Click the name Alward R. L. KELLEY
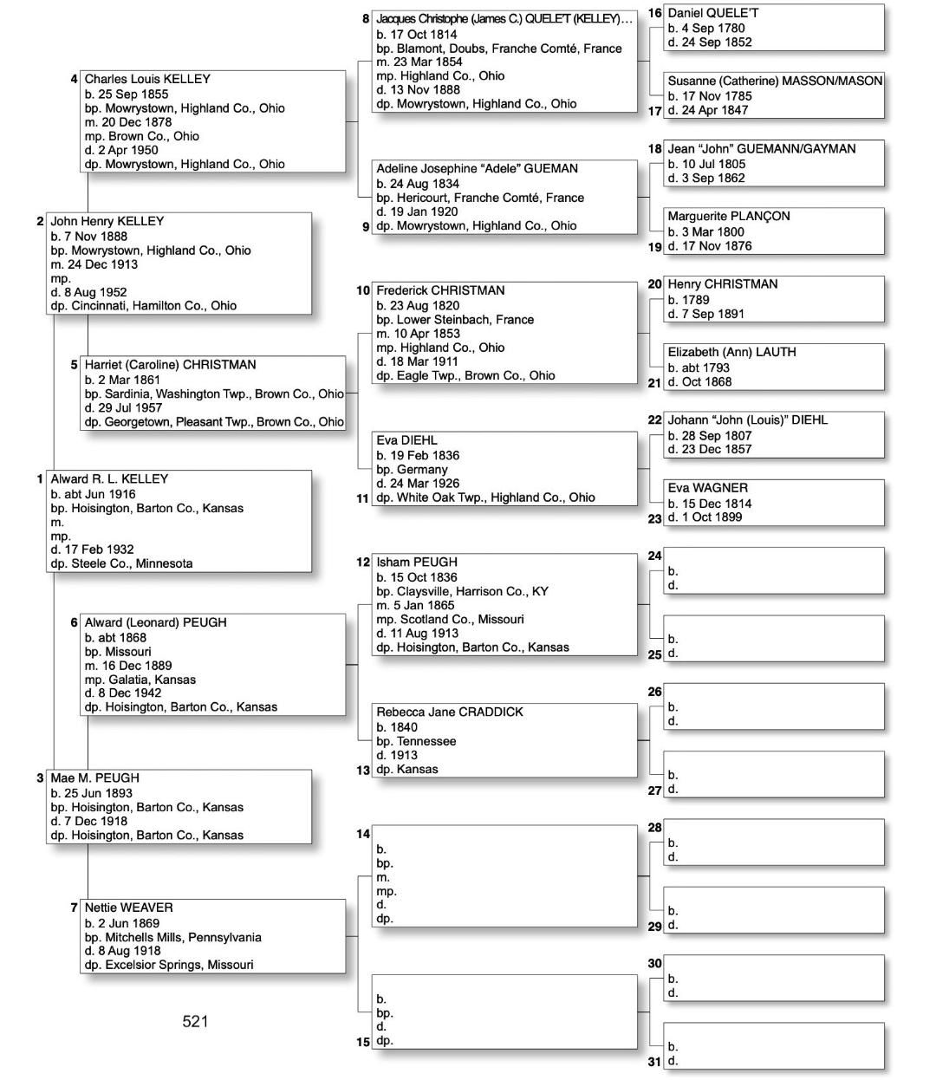point(109,478)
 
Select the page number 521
point(195,1022)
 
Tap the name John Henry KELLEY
point(107,221)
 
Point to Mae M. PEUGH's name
point(94,777)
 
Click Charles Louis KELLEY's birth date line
point(127,94)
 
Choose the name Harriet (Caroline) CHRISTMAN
point(170,364)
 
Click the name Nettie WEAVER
point(128,908)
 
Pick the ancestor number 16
point(655,13)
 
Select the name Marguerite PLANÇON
point(729,216)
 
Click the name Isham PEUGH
point(416,562)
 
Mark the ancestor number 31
point(655,1062)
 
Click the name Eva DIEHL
point(406,439)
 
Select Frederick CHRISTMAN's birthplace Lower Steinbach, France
point(455,319)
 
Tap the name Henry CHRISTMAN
point(722,283)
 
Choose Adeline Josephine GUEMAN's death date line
point(417,211)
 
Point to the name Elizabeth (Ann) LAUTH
point(731,352)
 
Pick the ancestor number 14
point(363,834)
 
